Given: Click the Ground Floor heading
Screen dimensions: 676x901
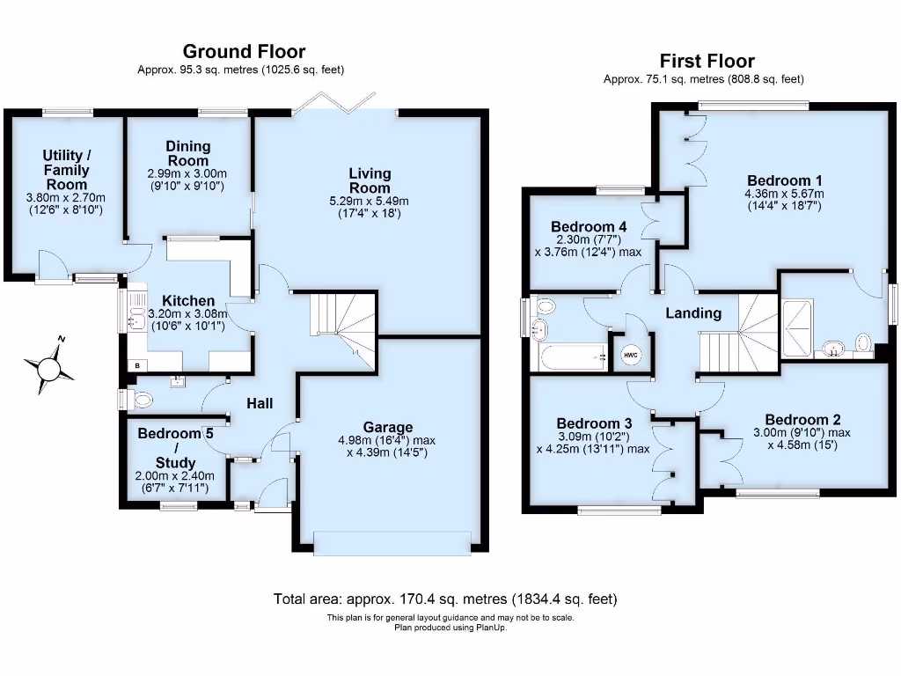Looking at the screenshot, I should tap(244, 52).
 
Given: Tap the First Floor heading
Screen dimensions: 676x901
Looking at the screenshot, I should tap(707, 61).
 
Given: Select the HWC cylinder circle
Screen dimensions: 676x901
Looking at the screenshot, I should tap(631, 354).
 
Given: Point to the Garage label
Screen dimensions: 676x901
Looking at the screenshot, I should tap(388, 428).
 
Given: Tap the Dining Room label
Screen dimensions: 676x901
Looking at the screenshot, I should tap(188, 153).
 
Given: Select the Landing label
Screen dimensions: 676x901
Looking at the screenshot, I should tap(692, 313).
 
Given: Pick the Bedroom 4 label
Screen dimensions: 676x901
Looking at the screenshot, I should tap(588, 226).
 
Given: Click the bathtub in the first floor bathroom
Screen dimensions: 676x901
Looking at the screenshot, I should tap(571, 357).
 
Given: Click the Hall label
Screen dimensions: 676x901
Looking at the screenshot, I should tap(259, 403).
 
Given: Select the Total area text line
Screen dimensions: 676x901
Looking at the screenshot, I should tap(445, 599).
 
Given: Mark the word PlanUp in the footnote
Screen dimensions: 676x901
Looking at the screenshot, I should tap(491, 628).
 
